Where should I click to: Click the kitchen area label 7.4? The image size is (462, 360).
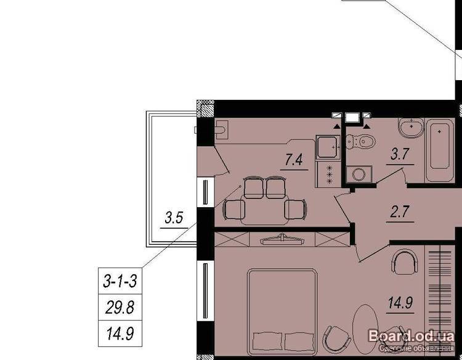294,160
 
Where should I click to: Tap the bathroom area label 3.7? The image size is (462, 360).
400,154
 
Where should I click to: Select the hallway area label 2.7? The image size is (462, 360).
400,211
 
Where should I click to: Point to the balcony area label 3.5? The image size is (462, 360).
174,218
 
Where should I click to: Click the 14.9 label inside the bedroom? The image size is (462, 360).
400,303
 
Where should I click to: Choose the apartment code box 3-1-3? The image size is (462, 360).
120,280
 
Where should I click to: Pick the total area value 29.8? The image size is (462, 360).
120,307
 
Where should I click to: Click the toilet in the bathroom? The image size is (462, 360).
360,142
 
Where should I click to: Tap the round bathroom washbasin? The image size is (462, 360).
411,128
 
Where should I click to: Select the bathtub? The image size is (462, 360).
440,150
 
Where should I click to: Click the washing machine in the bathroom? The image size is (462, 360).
359,174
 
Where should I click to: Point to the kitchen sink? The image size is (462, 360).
328,147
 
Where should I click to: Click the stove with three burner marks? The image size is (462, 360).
328,174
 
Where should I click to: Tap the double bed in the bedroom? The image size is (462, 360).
282,312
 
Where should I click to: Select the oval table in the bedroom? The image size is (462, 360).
365,327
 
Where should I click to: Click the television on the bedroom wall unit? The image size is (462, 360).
282,240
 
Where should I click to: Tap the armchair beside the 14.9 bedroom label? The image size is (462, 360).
405,262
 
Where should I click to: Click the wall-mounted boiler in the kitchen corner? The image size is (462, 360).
221,129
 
